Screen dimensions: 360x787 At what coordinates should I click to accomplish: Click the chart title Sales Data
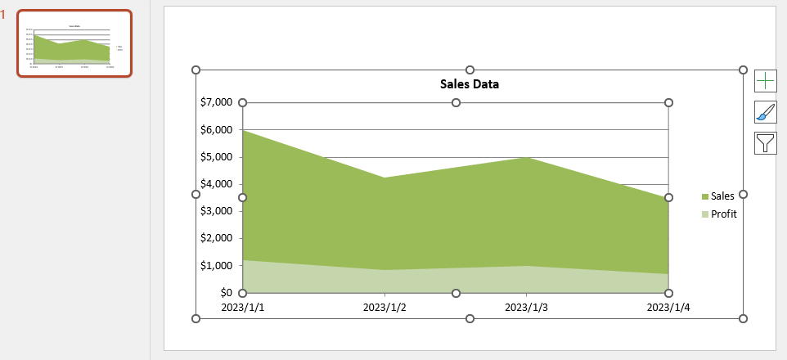click(x=469, y=83)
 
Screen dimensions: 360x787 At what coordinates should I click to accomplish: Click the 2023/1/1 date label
click(x=243, y=308)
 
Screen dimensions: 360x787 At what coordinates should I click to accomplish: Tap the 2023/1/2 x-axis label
click(x=385, y=308)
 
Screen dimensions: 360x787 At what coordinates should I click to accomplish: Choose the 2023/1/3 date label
click(x=526, y=308)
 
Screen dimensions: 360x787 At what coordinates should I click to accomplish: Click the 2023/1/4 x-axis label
click(x=668, y=308)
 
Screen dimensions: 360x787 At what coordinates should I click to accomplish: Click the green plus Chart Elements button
click(x=765, y=80)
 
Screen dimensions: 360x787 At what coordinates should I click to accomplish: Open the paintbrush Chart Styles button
click(x=765, y=112)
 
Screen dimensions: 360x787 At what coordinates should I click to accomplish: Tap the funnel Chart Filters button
click(x=765, y=143)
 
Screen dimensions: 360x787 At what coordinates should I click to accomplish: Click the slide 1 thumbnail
click(x=74, y=44)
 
